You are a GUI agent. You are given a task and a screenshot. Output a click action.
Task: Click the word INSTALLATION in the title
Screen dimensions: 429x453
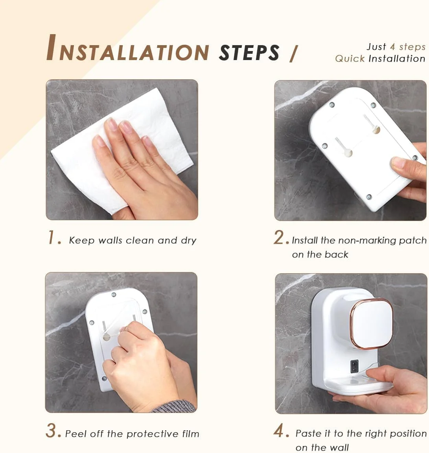(x=128, y=48)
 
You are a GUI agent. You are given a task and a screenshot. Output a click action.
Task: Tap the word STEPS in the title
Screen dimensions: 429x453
(x=249, y=53)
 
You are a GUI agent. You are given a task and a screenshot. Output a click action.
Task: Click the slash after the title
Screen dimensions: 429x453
(x=293, y=53)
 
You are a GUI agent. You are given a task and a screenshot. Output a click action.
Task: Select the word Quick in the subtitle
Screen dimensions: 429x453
(x=350, y=58)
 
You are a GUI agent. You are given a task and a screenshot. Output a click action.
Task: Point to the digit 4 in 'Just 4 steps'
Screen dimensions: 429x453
(x=392, y=46)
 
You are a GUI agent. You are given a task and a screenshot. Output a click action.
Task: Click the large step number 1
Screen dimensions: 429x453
(x=52, y=237)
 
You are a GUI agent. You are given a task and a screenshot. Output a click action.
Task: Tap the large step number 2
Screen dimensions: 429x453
(x=279, y=237)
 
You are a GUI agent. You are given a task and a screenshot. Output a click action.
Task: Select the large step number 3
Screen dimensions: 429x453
(x=51, y=431)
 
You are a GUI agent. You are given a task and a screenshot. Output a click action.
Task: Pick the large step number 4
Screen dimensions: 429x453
(x=278, y=431)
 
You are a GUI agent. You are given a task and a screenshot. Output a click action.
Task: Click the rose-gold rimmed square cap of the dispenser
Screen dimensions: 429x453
(x=372, y=323)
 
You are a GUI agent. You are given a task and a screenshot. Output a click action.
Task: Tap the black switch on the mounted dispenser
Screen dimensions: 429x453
(x=354, y=366)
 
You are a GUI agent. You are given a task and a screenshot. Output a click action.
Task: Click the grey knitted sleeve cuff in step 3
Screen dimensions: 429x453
(x=174, y=406)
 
